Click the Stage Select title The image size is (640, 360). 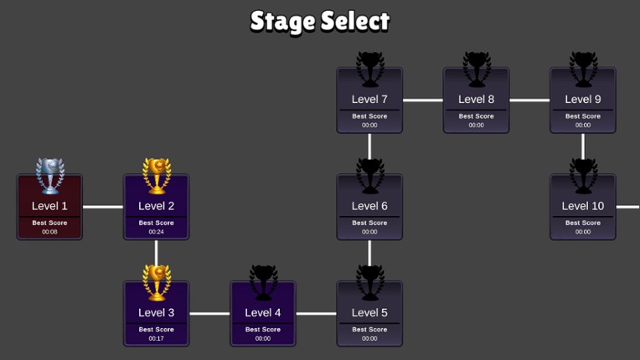[x=320, y=21]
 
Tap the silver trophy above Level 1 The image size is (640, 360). [x=49, y=175]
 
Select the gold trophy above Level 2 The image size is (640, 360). [x=157, y=175]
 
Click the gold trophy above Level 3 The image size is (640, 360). [x=157, y=281]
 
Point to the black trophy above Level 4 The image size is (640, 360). [x=263, y=281]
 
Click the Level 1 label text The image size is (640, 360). [x=49, y=206]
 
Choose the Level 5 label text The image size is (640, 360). [x=369, y=312]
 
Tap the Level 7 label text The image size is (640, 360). [x=369, y=100]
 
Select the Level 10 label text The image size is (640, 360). [x=582, y=206]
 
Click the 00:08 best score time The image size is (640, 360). [x=49, y=232]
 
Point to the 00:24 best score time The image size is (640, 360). [x=157, y=232]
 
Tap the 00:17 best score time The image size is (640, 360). [x=157, y=338]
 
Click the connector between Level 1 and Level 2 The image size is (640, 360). [x=103, y=207]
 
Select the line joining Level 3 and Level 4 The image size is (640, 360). [x=209, y=314]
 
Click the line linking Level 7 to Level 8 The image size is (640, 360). [x=423, y=100]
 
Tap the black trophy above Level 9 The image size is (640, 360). [x=583, y=69]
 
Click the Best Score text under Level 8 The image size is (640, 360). [x=476, y=116]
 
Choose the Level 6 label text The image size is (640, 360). [x=369, y=206]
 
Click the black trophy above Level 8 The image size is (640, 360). [x=476, y=69]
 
